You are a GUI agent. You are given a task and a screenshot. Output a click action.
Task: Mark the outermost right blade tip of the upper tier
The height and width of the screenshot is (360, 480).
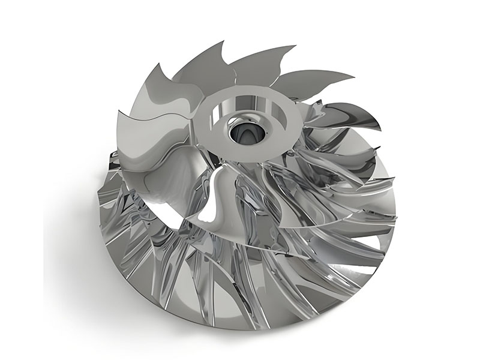[x=380, y=127]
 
